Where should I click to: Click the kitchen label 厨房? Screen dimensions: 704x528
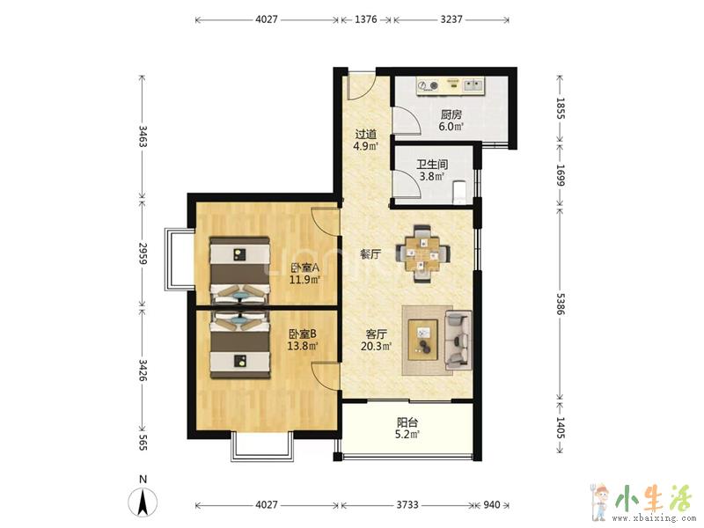(x=451, y=114)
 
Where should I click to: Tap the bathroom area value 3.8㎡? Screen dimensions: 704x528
(x=432, y=177)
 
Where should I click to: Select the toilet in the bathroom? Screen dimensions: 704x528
(x=459, y=192)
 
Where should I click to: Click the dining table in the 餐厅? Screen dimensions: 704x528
(x=422, y=253)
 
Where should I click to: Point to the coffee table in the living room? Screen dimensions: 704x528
(x=423, y=340)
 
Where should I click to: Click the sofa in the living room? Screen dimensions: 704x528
(x=458, y=341)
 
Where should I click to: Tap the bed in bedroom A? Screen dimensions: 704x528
(x=240, y=271)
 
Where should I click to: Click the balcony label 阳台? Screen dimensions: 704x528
(x=407, y=422)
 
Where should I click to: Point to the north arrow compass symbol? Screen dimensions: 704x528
(x=143, y=502)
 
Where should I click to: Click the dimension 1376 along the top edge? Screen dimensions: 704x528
(x=366, y=19)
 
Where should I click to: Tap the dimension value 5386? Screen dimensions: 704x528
(x=561, y=304)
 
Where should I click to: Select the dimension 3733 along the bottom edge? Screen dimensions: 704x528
(x=407, y=504)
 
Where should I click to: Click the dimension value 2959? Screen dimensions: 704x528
(x=143, y=253)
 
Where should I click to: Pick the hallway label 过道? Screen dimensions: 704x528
(x=366, y=135)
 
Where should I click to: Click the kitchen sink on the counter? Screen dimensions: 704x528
(x=473, y=84)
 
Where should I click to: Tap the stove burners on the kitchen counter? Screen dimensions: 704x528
(x=428, y=85)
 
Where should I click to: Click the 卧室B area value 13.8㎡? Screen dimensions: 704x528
(x=303, y=346)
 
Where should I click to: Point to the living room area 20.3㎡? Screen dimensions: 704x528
(x=377, y=346)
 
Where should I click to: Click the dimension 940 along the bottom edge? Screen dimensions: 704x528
(x=492, y=504)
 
